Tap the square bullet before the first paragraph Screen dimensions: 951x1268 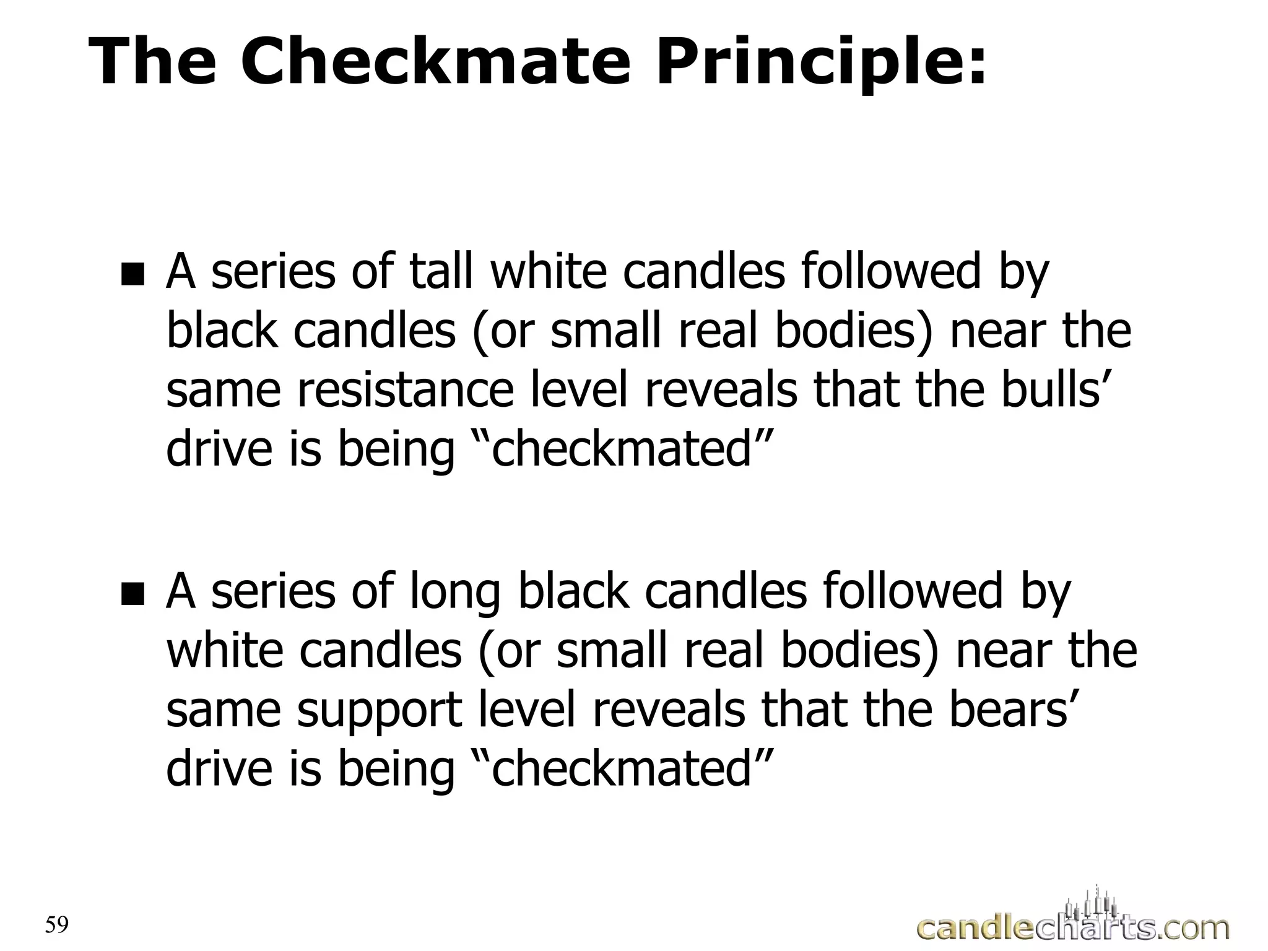132,274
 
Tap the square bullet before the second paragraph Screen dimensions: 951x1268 132,594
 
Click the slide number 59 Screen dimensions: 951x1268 56,925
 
